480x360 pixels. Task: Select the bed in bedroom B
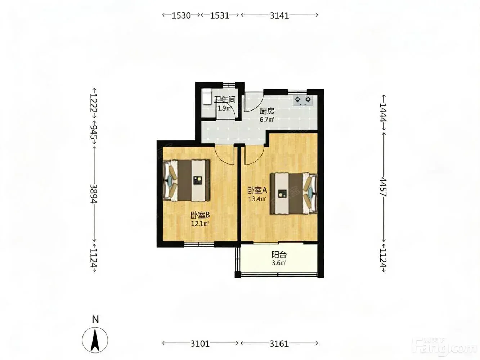(185, 180)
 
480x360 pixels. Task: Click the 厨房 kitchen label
(265, 111)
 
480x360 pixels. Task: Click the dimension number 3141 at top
(277, 15)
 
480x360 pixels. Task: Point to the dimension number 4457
(381, 187)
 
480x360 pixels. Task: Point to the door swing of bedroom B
(223, 154)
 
